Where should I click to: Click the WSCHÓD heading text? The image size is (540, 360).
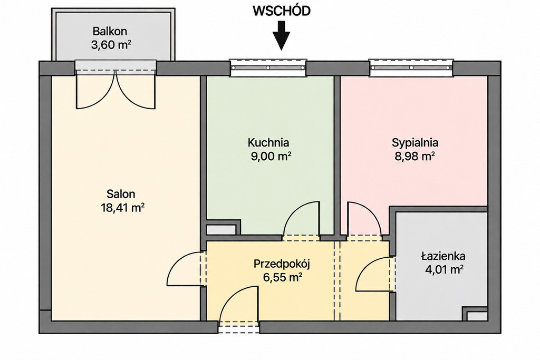point(282,11)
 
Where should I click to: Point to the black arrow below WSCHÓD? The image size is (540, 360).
point(282,36)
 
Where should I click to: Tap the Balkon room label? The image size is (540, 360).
point(110,31)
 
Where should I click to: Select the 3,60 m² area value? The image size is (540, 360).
point(111,45)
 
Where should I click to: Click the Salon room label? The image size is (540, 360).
point(121,194)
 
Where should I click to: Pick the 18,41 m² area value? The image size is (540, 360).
point(122,208)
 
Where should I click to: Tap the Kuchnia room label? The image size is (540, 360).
point(268,142)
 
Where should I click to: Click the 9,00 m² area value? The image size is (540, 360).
point(271,157)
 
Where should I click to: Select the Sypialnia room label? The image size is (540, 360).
point(415,142)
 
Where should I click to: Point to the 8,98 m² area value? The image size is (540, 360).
point(414,157)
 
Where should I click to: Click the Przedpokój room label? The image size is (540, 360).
point(282,264)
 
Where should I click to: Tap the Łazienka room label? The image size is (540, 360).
point(443,256)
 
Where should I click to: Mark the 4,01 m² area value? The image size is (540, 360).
point(444,269)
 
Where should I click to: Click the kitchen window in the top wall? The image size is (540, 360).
point(268,67)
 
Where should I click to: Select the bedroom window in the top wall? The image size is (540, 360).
point(411,67)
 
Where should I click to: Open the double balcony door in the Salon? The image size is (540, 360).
point(115,90)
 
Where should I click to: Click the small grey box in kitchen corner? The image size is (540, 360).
point(221,230)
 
